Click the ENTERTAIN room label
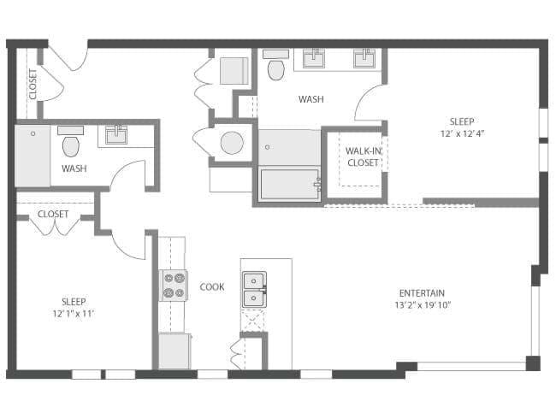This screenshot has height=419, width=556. click(422, 293)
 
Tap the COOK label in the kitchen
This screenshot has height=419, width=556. click(212, 286)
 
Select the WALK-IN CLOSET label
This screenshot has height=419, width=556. click(363, 156)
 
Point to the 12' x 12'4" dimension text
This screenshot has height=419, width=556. click(462, 133)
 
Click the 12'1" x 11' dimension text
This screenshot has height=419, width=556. click(74, 314)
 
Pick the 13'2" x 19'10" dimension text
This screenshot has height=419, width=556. click(423, 305)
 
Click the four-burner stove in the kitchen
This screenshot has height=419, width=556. click(174, 286)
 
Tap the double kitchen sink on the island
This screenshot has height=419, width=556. click(254, 289)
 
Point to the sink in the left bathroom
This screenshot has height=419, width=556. click(116, 135)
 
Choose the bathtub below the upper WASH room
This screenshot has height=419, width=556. click(291, 185)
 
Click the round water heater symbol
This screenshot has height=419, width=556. click(232, 143)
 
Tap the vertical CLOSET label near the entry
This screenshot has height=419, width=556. click(33, 85)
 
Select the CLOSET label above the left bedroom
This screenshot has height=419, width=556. click(53, 214)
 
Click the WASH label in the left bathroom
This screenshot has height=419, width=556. click(74, 168)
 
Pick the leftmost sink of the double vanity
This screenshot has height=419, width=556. click(313, 58)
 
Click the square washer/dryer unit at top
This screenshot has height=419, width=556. click(234, 70)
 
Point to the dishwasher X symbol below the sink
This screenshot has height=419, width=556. click(253, 321)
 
